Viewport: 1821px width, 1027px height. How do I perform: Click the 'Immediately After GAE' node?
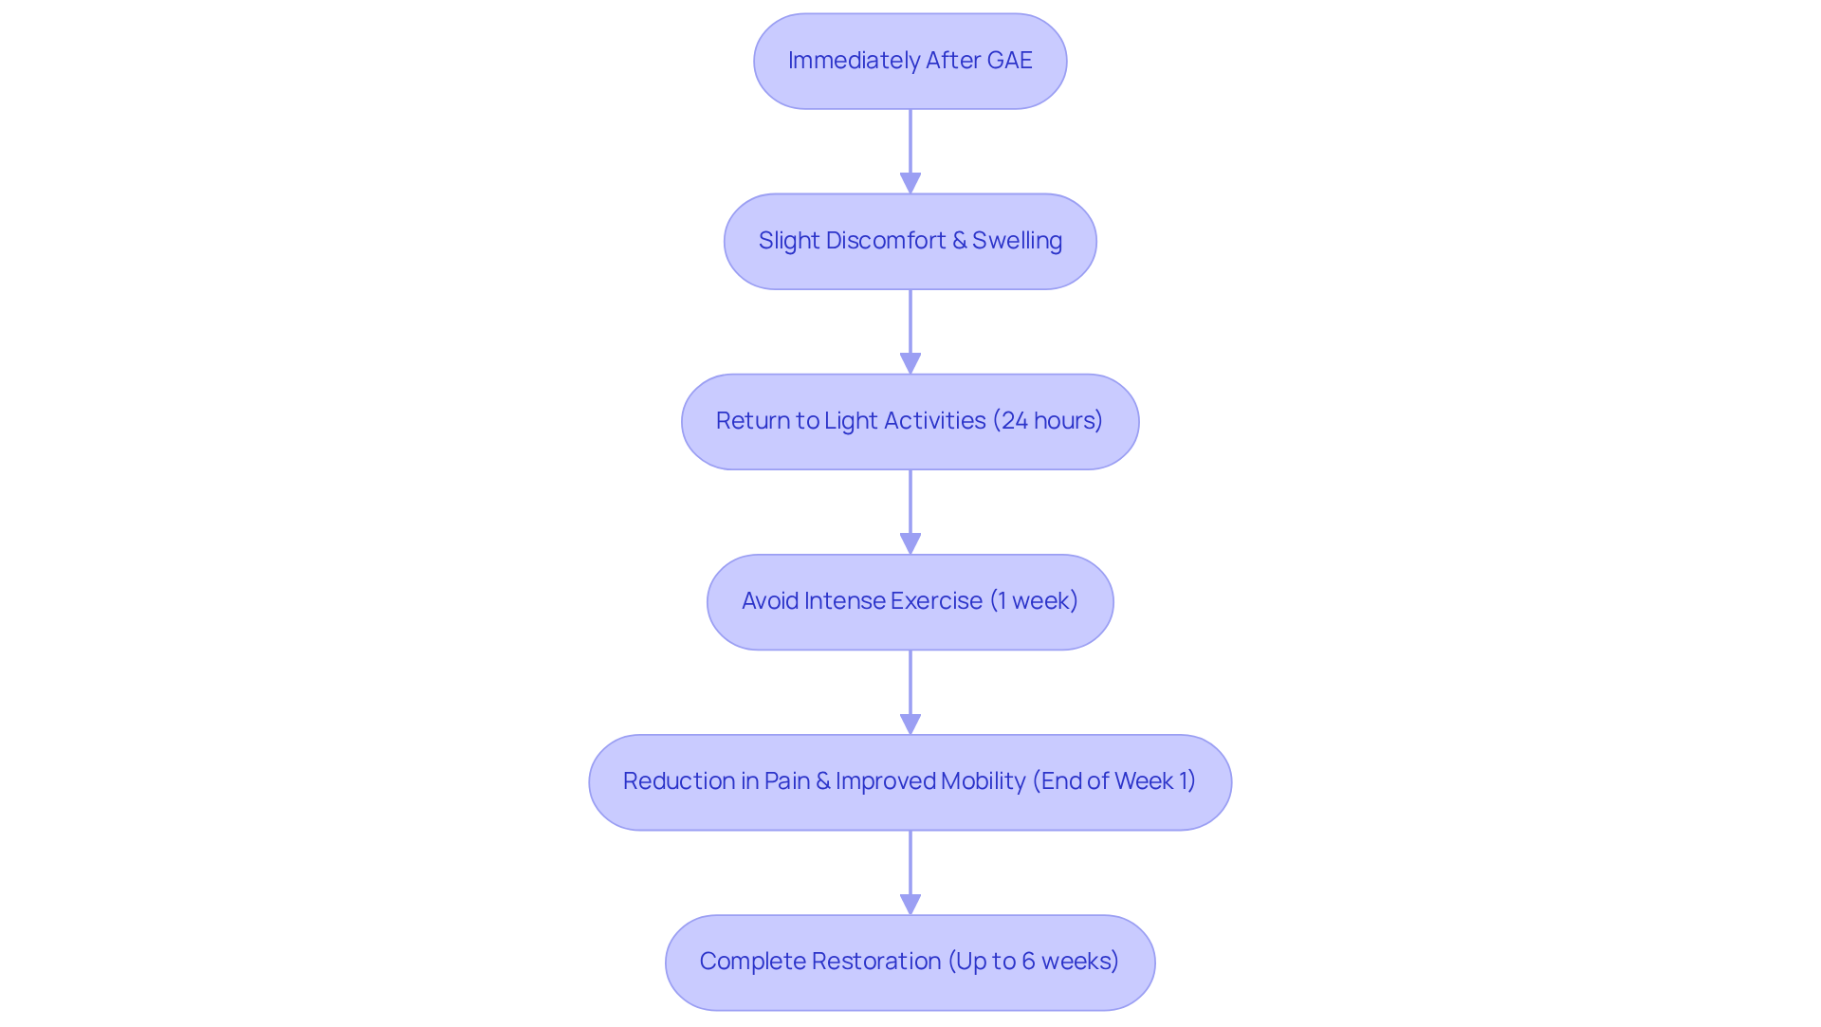(910, 61)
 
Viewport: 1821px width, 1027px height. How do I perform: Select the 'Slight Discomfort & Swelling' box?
(910, 241)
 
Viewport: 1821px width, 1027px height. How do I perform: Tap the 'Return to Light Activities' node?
(910, 421)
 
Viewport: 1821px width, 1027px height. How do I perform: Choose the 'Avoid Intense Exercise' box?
(910, 601)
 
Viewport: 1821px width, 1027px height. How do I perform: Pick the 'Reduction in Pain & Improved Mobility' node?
(910, 781)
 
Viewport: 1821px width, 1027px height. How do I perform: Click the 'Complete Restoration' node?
(910, 962)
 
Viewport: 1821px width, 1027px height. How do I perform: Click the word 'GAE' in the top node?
(1009, 61)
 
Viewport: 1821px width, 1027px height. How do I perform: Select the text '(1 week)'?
(1034, 601)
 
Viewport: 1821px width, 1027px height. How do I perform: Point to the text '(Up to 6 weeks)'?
(1034, 962)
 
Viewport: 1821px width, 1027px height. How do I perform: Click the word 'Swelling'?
(1017, 241)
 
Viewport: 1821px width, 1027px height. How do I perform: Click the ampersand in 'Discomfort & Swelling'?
(959, 241)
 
